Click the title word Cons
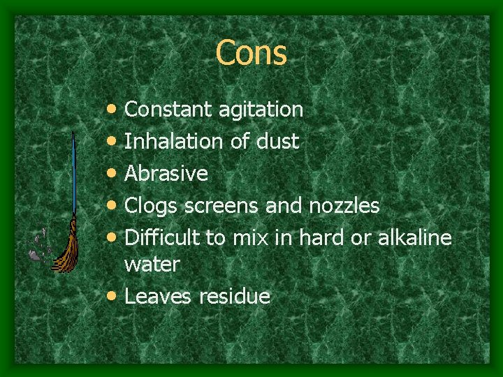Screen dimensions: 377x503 point(251,53)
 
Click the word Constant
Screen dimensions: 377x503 point(168,110)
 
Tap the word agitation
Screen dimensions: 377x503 point(260,110)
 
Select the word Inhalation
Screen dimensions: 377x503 point(173,142)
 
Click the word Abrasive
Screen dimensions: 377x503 point(166,173)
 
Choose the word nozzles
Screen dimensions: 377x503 point(344,206)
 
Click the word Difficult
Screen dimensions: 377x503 point(162,237)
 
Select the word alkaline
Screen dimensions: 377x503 point(415,237)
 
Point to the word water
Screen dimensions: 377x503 point(152,265)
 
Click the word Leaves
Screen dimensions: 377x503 point(158,296)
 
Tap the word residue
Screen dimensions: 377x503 point(234,296)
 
